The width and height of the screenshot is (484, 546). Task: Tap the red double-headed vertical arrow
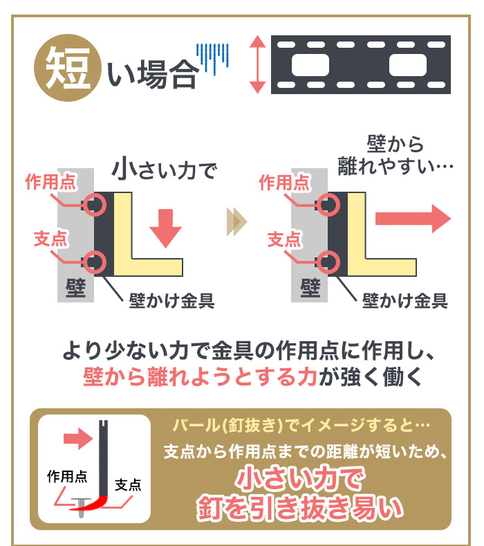point(257,64)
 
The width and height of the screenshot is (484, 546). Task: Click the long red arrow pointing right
point(412,219)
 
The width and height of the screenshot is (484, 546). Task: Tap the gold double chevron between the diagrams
point(236,221)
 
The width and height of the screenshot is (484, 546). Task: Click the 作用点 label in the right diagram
point(283,183)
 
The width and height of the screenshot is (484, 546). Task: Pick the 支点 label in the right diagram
point(283,239)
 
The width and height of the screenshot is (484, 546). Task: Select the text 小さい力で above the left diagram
point(165,170)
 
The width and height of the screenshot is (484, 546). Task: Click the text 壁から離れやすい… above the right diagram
point(395,154)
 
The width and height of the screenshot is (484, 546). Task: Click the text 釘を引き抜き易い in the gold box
point(299,507)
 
